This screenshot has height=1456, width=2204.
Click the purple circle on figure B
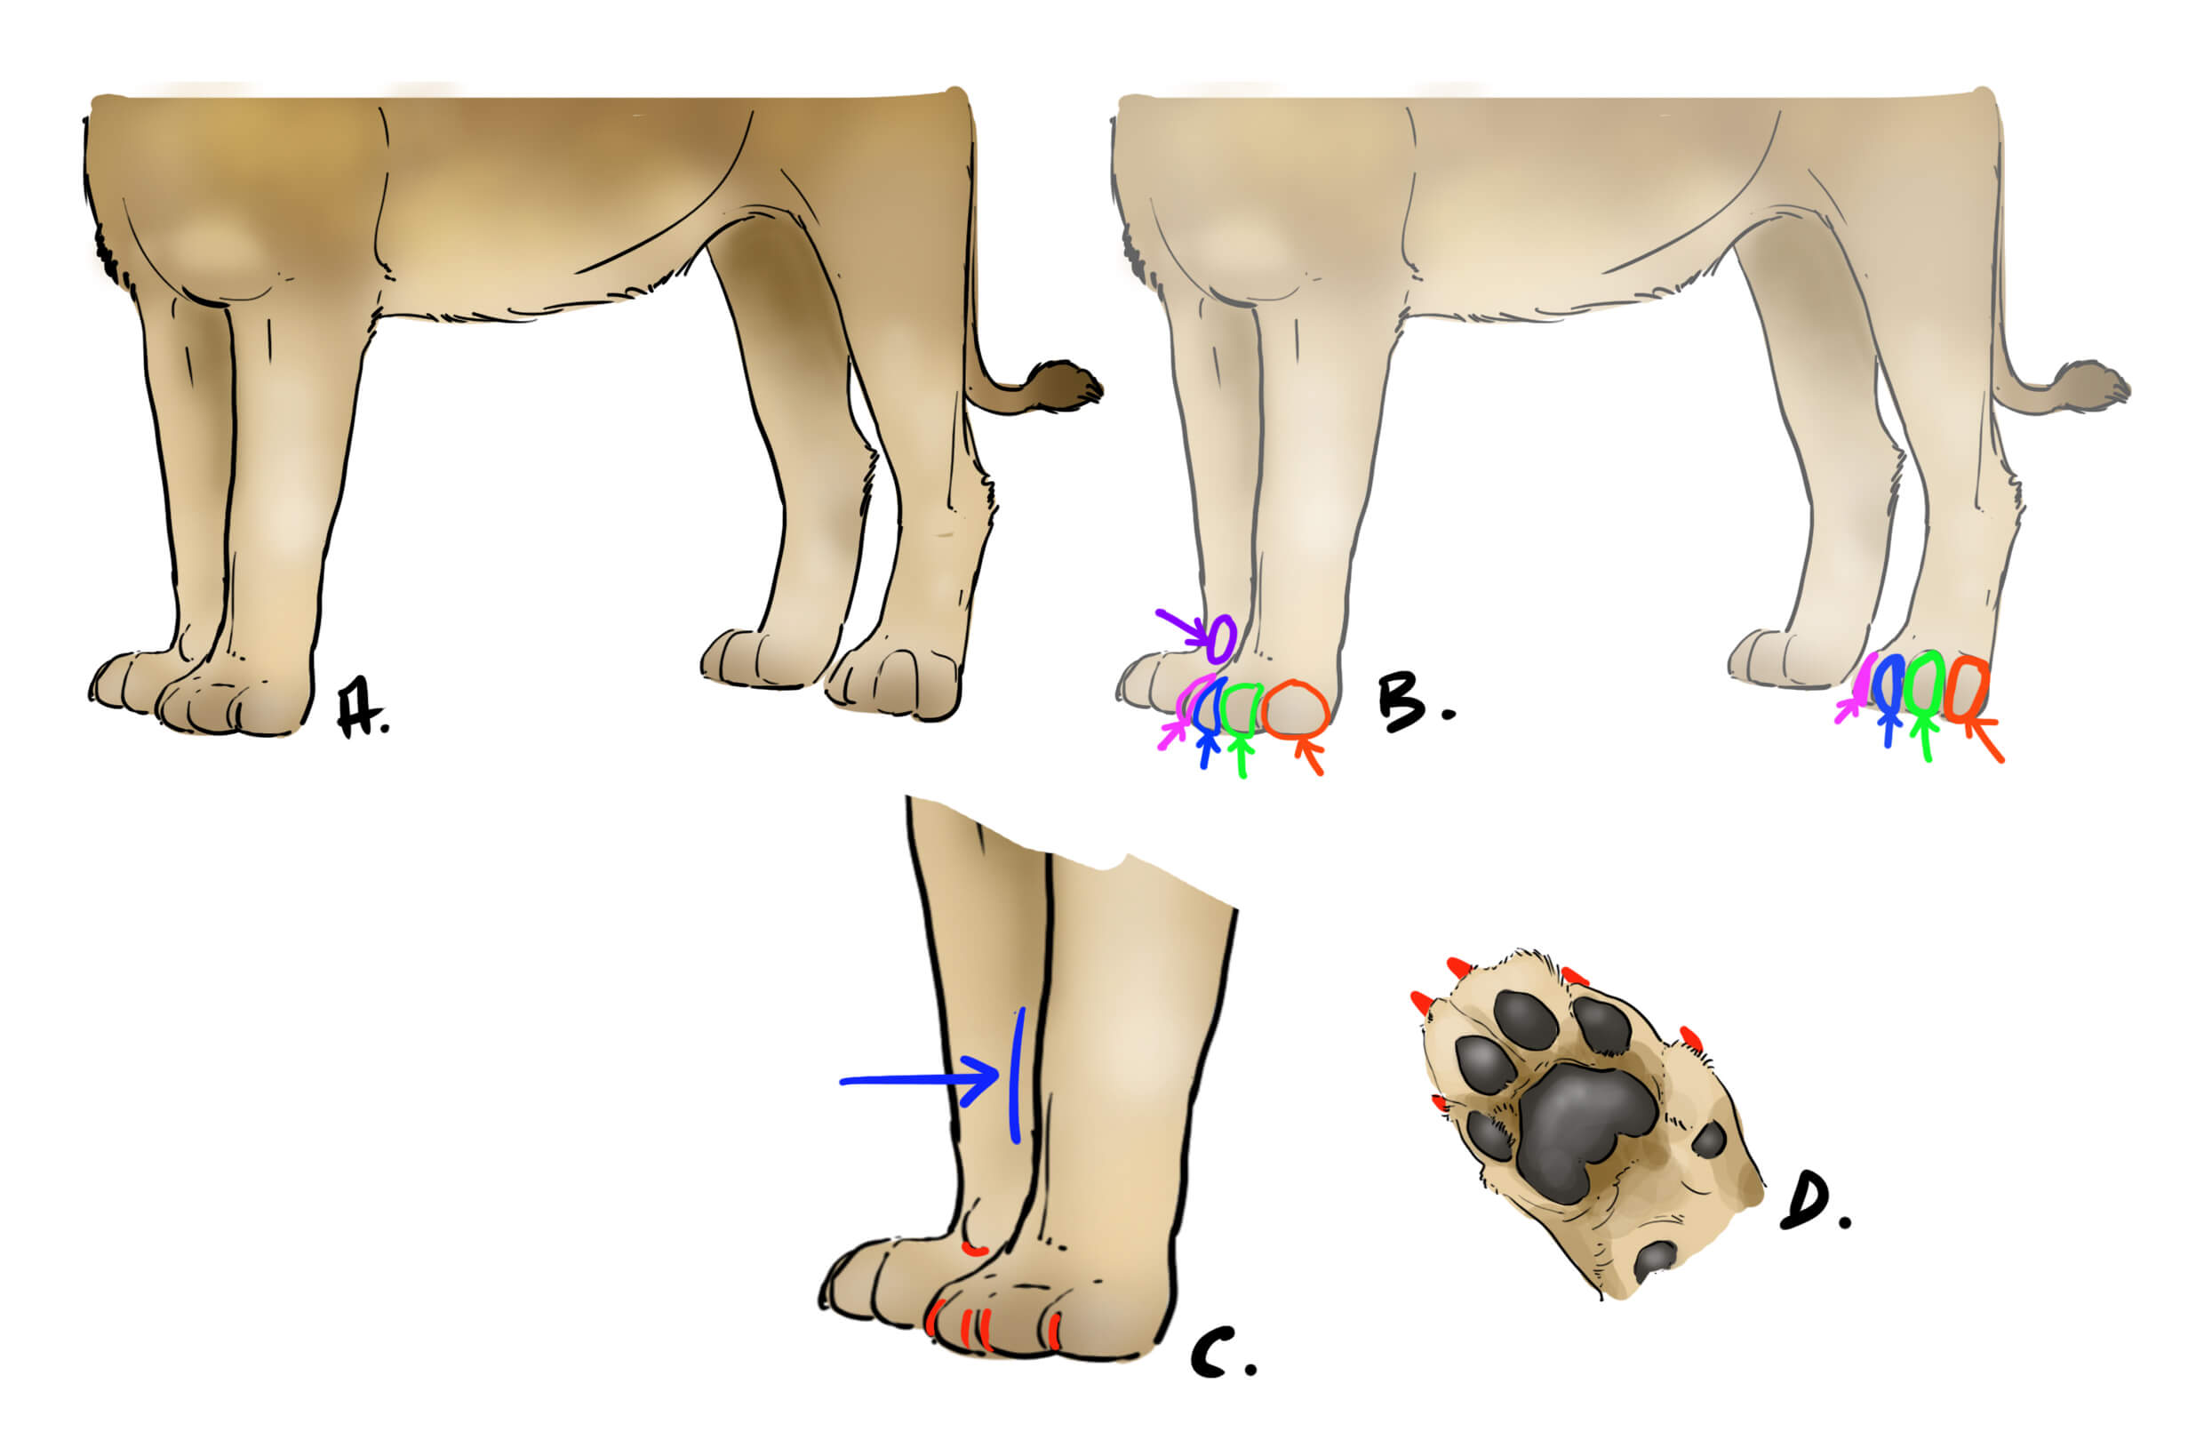1222,638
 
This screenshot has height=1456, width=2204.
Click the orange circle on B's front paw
1297,710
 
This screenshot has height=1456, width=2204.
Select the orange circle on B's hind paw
1966,689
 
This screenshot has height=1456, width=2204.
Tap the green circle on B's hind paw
1926,685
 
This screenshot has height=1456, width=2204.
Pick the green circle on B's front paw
1240,708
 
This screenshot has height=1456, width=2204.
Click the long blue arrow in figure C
919,1080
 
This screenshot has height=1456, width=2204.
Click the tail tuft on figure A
1067,384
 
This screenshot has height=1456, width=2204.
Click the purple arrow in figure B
1181,626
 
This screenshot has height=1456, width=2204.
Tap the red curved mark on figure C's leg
974,1250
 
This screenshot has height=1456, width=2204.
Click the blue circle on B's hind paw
1888,684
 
